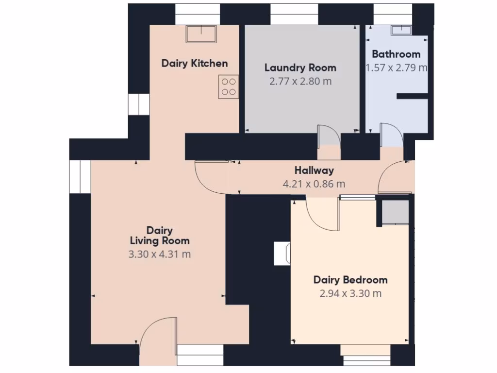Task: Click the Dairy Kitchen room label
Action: coord(194,63)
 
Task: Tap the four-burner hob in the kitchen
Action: coord(229,87)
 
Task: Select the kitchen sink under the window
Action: coord(201,34)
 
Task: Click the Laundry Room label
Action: coord(300,68)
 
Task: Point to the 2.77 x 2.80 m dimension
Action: coord(300,81)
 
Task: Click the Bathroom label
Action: coord(396,54)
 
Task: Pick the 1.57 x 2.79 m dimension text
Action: coord(396,68)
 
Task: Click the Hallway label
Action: coord(314,170)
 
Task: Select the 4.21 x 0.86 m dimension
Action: coord(314,184)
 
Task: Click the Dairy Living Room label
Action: coord(160,236)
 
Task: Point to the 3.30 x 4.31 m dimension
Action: coord(160,254)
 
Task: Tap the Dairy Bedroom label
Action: coord(350,280)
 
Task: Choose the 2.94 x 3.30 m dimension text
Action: coord(350,293)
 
